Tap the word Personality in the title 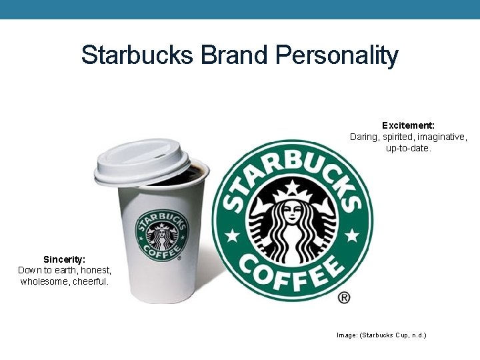[x=337, y=55]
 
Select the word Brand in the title [x=233, y=55]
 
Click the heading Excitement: [x=408, y=125]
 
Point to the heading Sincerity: [x=64, y=259]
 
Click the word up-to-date [x=409, y=148]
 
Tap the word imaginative [x=442, y=137]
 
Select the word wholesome [x=44, y=281]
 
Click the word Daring [x=365, y=137]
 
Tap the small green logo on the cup [x=162, y=235]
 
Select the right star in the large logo [x=352, y=235]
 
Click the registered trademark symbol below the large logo [x=344, y=298]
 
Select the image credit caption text [x=381, y=335]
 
